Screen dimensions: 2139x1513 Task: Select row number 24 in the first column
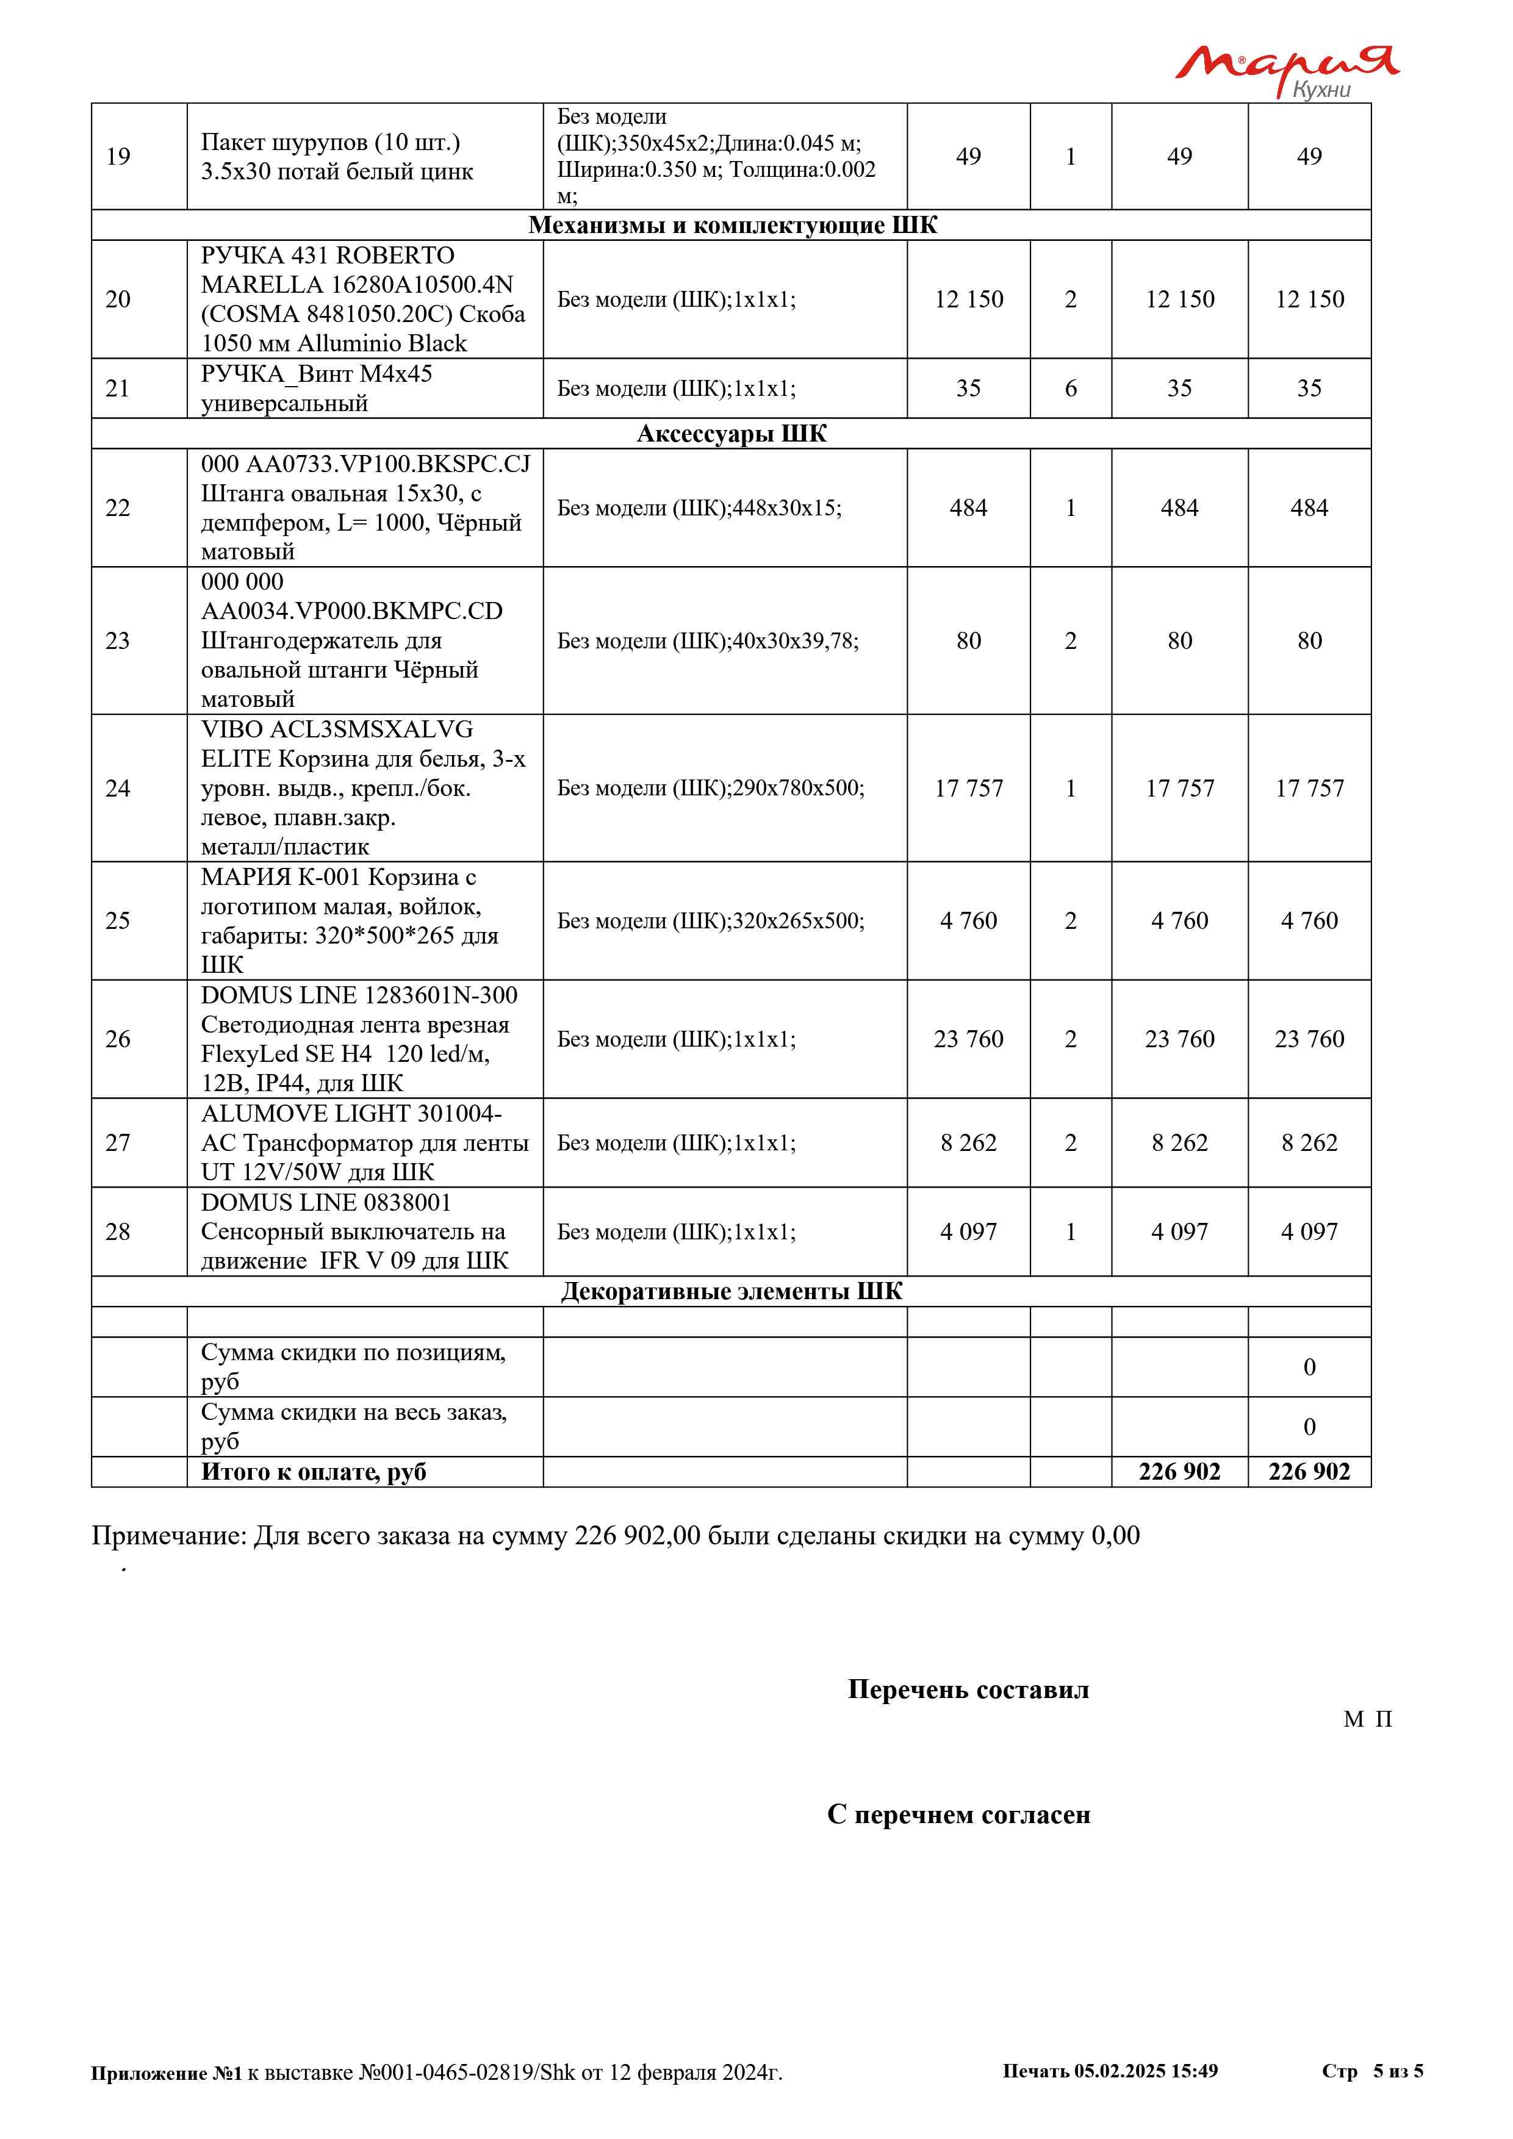click(x=117, y=788)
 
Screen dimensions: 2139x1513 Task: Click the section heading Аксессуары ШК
click(x=731, y=434)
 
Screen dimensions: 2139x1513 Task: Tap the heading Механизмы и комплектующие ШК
click(x=732, y=226)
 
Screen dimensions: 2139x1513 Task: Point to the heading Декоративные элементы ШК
click(x=731, y=1291)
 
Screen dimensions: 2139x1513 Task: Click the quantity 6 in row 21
click(x=1071, y=389)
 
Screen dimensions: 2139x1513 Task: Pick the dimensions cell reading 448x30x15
click(x=699, y=507)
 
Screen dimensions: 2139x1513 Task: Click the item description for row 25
click(x=350, y=920)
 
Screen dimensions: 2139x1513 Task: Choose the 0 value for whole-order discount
click(x=1309, y=1427)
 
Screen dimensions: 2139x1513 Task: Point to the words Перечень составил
click(x=968, y=1689)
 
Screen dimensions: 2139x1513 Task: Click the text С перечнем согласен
click(x=958, y=1814)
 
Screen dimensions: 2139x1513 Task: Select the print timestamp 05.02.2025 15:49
click(x=1145, y=2071)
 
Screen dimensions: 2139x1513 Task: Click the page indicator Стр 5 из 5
click(x=1371, y=2071)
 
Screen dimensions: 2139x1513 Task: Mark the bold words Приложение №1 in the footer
click(x=166, y=2073)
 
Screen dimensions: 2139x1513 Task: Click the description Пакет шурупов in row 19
click(x=336, y=157)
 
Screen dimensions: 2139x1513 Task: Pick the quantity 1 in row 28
click(x=1071, y=1231)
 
